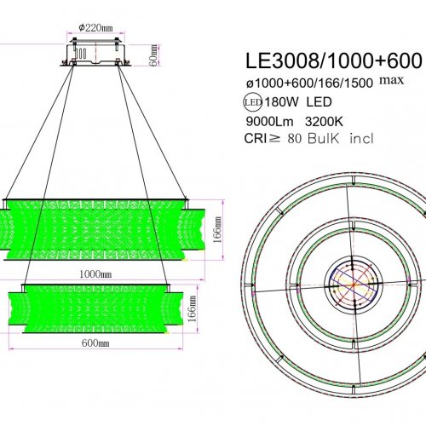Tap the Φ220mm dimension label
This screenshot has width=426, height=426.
tap(95, 27)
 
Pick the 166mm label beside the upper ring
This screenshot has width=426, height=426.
tap(219, 230)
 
